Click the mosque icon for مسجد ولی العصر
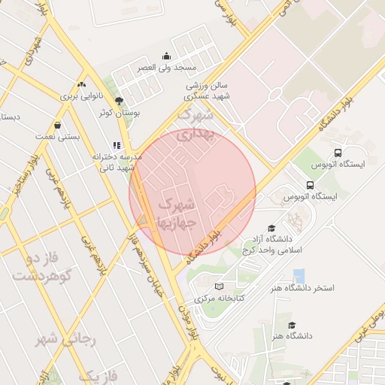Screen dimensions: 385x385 166,56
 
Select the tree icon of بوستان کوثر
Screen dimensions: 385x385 118,101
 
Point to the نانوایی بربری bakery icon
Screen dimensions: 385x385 81,84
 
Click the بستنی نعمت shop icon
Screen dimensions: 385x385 58,126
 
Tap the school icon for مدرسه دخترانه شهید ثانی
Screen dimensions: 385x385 116,145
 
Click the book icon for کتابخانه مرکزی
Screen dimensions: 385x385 219,286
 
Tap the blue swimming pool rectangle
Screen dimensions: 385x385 299,275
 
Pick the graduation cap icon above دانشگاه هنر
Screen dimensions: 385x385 291,326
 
